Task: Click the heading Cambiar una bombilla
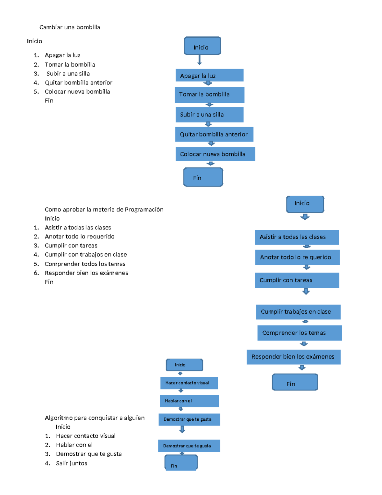70,27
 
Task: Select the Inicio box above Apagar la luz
202,46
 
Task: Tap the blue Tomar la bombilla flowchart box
209,95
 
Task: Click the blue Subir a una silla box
209,115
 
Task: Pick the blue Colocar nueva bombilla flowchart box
215,154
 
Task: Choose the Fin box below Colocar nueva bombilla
203,177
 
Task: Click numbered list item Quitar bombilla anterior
78,83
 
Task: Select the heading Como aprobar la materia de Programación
104,209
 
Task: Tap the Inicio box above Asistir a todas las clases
305,204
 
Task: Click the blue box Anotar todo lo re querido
297,257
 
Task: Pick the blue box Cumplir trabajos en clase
298,312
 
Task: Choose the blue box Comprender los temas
300,333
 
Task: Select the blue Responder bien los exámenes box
294,357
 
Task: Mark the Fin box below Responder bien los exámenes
295,382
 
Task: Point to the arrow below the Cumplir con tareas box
306,291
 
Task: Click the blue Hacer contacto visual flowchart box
189,383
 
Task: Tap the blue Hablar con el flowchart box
189,401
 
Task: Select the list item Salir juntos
71,463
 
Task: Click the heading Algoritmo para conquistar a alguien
95,418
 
